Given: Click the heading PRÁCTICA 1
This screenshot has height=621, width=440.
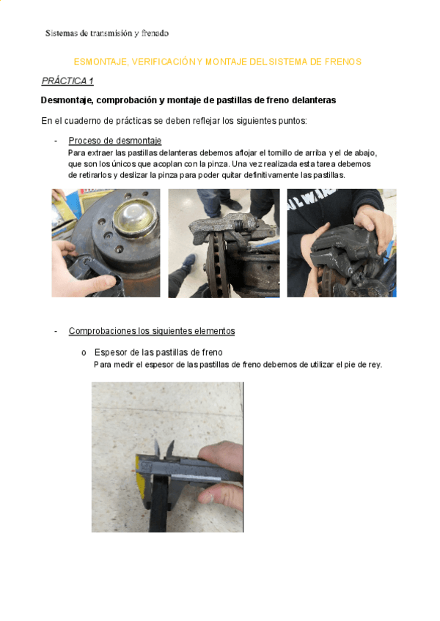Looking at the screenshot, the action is tap(67, 81).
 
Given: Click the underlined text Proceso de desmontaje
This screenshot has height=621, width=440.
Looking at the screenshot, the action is tap(115, 141).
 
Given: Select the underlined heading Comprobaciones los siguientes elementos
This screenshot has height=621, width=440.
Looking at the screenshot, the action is tap(152, 331).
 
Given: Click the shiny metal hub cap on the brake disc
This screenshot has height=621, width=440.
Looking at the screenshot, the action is tap(135, 217).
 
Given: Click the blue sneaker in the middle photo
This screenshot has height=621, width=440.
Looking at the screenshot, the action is tap(188, 262).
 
